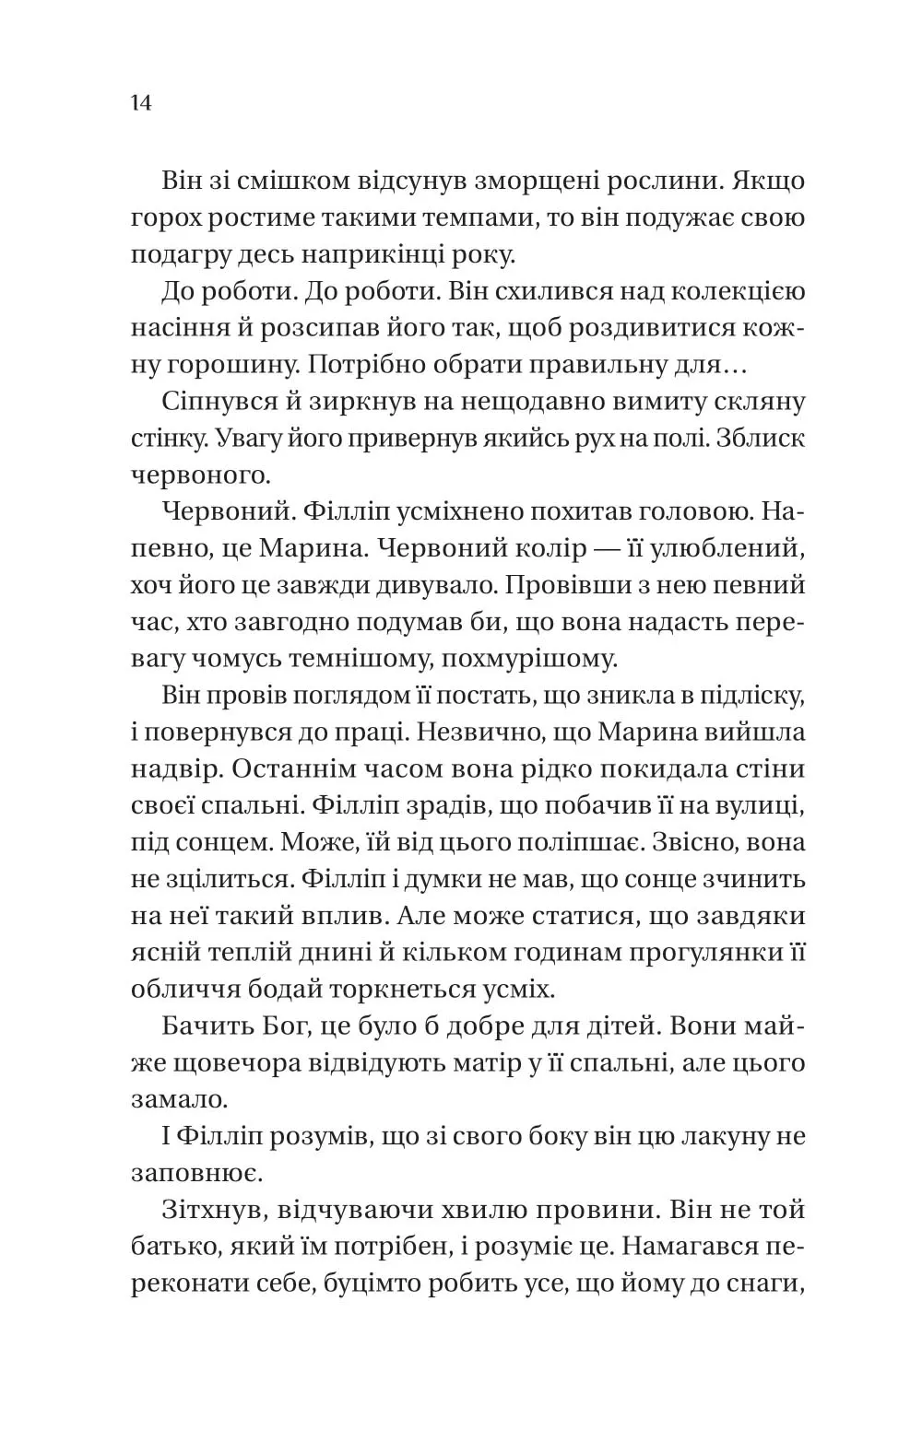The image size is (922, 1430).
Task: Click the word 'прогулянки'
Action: pyautogui.click(x=690, y=952)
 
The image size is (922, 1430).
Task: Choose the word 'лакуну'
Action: pyautogui.click(x=718, y=1135)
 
